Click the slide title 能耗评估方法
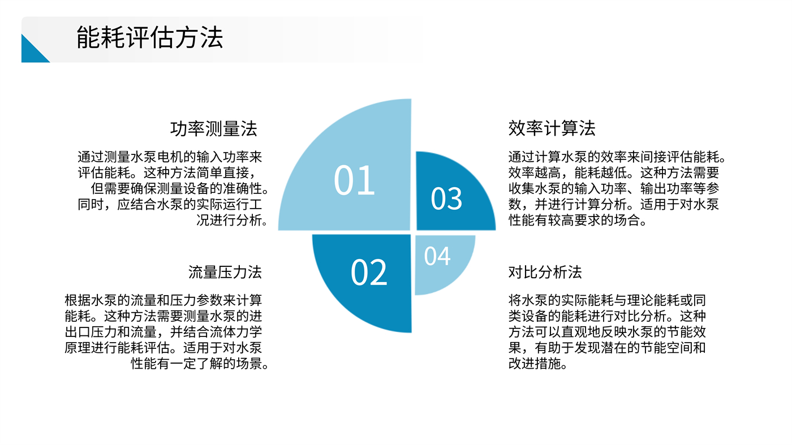click(x=150, y=37)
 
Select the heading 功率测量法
click(x=214, y=129)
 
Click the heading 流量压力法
click(x=225, y=272)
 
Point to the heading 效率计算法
click(x=552, y=128)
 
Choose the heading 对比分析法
click(x=545, y=272)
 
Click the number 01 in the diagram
click(x=354, y=180)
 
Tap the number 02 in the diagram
click(x=369, y=272)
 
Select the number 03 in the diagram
click(x=446, y=198)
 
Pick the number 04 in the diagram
click(x=437, y=256)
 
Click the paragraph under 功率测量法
click(x=173, y=188)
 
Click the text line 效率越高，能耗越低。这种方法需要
click(x=613, y=172)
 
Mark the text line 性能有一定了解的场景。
click(x=200, y=364)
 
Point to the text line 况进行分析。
click(x=233, y=221)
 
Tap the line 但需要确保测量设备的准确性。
click(x=179, y=188)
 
